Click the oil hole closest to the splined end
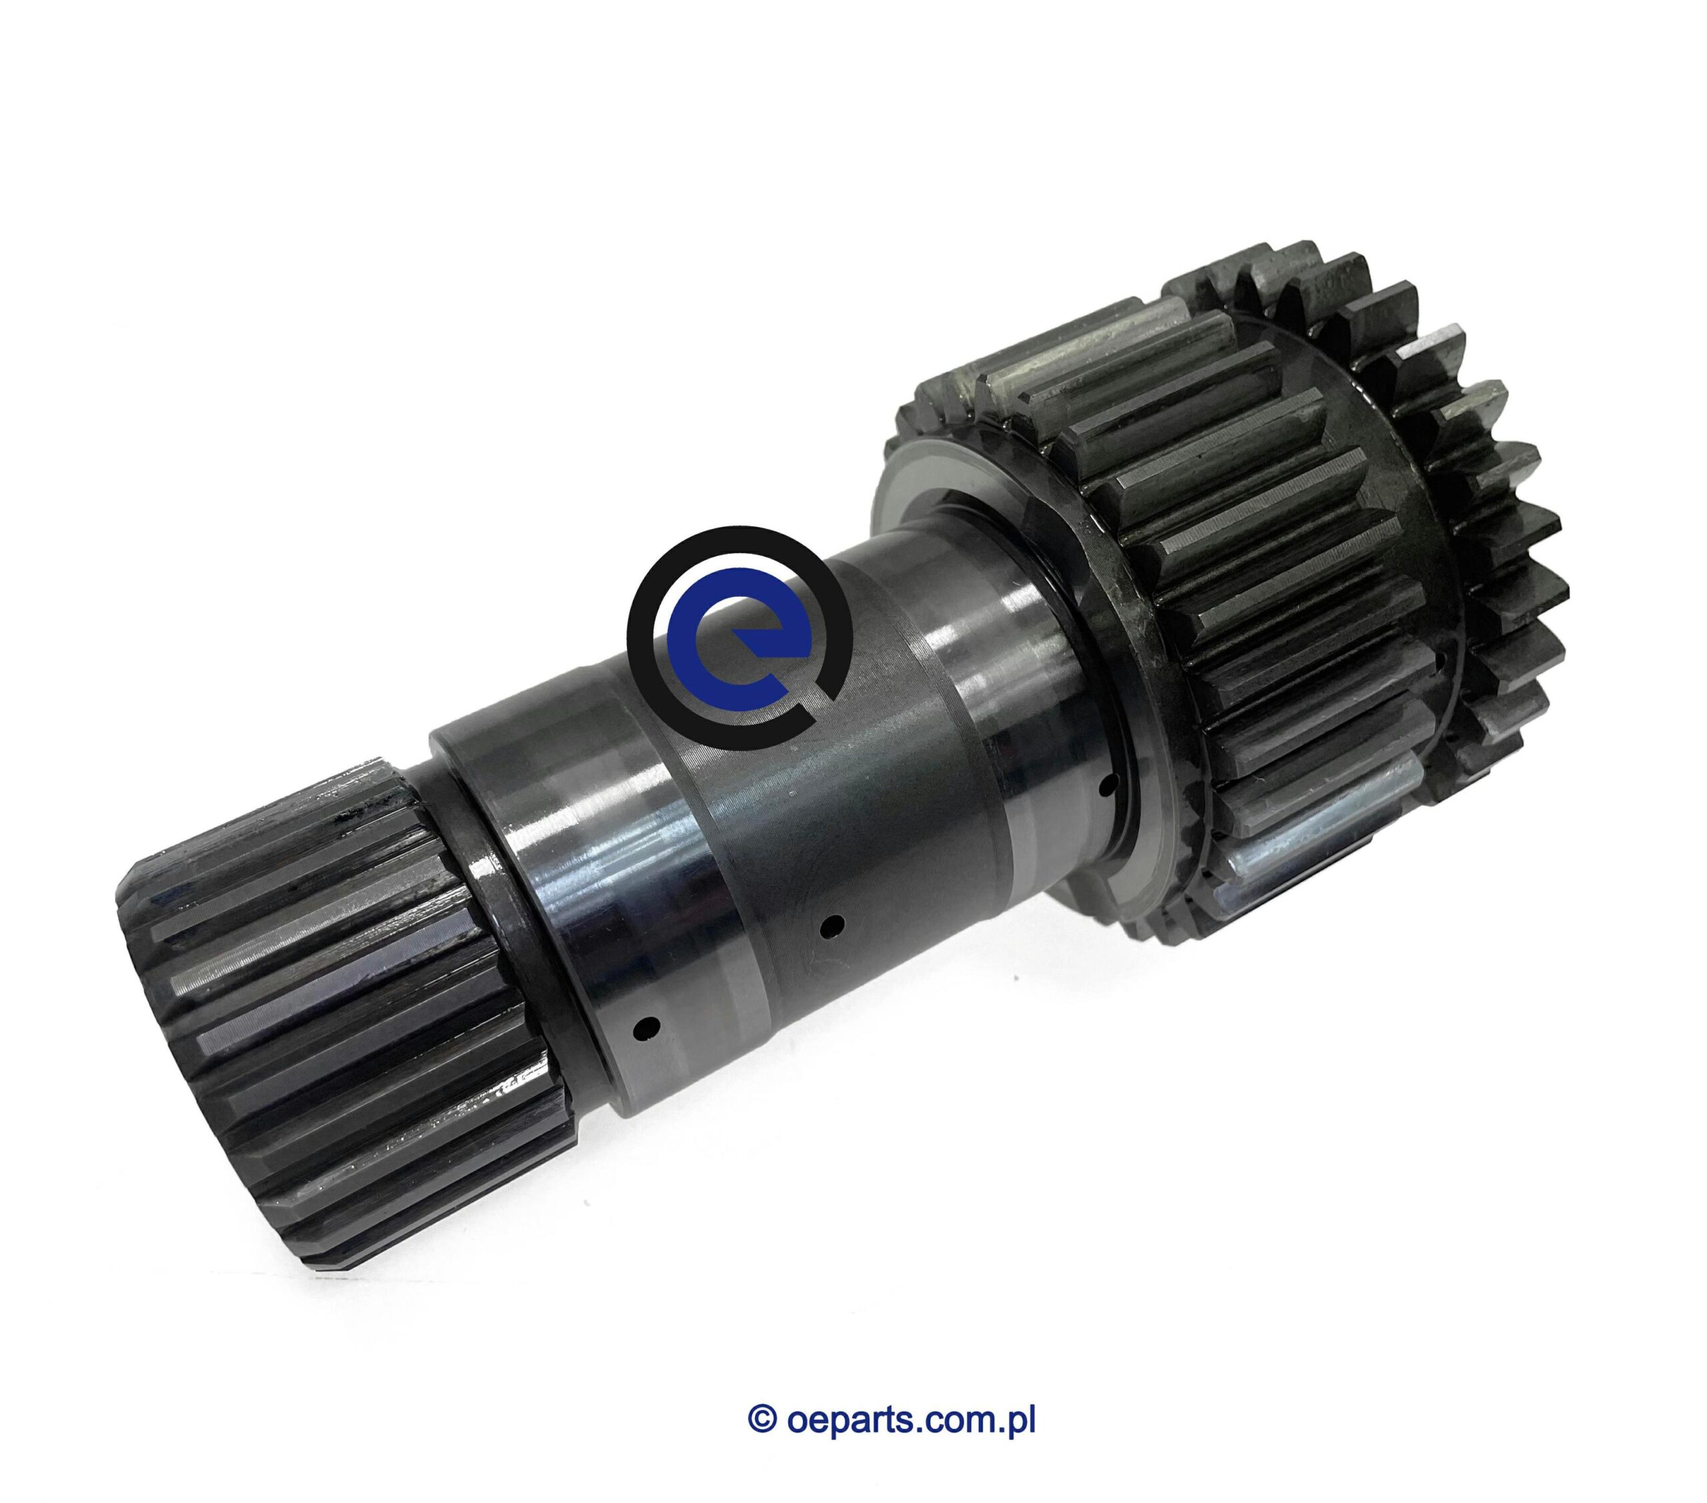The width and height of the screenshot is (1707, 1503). (x=645, y=1024)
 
